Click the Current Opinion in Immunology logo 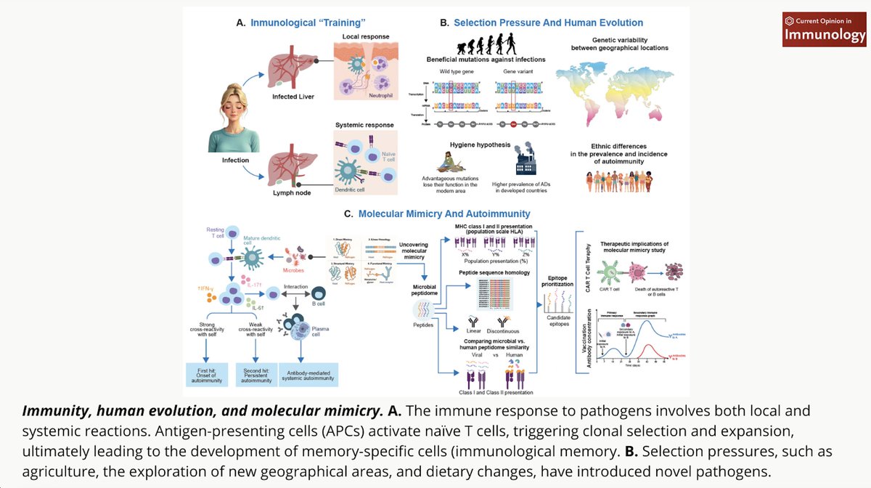(824, 30)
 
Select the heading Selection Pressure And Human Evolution (548, 23)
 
